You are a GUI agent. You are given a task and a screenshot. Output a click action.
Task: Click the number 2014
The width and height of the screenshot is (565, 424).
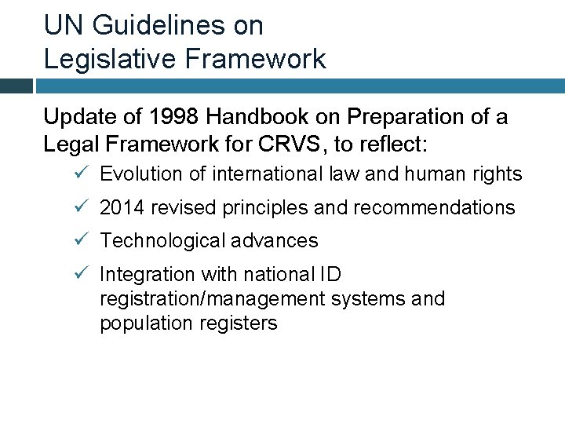coord(122,208)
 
